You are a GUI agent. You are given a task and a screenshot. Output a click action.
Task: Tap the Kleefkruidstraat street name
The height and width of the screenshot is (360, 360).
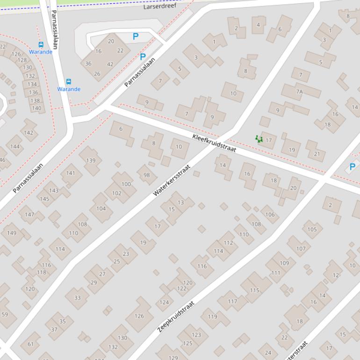(x=214, y=143)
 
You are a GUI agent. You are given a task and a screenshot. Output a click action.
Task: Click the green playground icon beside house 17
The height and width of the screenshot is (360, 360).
(x=259, y=139)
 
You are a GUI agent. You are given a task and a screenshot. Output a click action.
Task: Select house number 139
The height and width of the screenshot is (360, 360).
(x=91, y=160)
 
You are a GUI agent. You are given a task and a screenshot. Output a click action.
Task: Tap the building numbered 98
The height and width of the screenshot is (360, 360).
(x=147, y=175)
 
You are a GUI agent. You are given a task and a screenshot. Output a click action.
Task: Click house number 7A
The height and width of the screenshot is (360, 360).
(x=299, y=92)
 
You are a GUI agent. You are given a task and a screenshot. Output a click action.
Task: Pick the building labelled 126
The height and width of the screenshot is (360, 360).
(x=139, y=316)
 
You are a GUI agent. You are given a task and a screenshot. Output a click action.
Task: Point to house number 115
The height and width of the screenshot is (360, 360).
(x=254, y=290)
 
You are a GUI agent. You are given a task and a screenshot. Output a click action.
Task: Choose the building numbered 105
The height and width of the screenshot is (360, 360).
(x=312, y=229)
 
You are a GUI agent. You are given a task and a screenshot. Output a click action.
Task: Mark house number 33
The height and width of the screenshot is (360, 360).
(x=77, y=297)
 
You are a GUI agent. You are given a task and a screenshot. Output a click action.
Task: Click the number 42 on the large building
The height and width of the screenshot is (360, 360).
(x=110, y=65)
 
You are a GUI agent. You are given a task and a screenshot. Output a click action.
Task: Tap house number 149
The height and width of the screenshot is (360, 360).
(x=12, y=233)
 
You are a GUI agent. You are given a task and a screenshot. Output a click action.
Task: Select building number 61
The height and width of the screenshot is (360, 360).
(x=30, y=344)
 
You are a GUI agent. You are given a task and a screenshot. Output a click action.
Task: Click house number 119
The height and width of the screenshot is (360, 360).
(x=212, y=317)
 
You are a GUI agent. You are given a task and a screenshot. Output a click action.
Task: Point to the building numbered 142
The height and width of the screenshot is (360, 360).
(x=29, y=132)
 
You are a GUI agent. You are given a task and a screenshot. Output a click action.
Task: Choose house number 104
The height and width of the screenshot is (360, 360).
(x=101, y=209)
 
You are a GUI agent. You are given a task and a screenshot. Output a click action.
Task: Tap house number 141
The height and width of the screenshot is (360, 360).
(x=71, y=173)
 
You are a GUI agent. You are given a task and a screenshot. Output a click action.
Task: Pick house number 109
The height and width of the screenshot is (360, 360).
(x=284, y=263)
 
